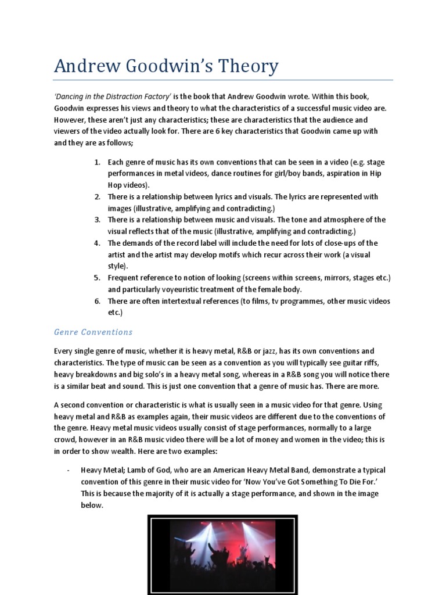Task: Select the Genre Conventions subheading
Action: click(x=93, y=332)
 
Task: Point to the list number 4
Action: click(x=98, y=243)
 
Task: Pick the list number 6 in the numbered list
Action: click(x=98, y=301)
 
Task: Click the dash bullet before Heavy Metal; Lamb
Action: click(x=69, y=469)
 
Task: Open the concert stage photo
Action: click(x=222, y=555)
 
